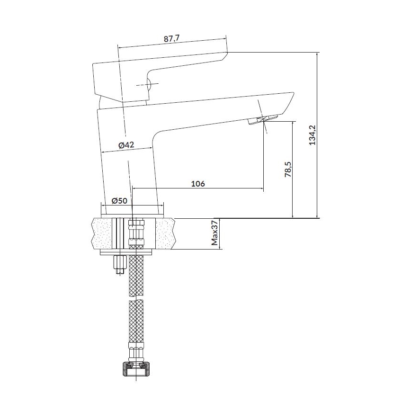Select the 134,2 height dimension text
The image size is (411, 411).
311,135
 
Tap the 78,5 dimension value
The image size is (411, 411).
287,170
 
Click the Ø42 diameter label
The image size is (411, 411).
126,145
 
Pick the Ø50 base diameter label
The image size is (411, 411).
119,200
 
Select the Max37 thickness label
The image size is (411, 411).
214,233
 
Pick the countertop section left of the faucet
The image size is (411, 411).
101,233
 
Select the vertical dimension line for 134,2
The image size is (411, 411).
318,135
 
